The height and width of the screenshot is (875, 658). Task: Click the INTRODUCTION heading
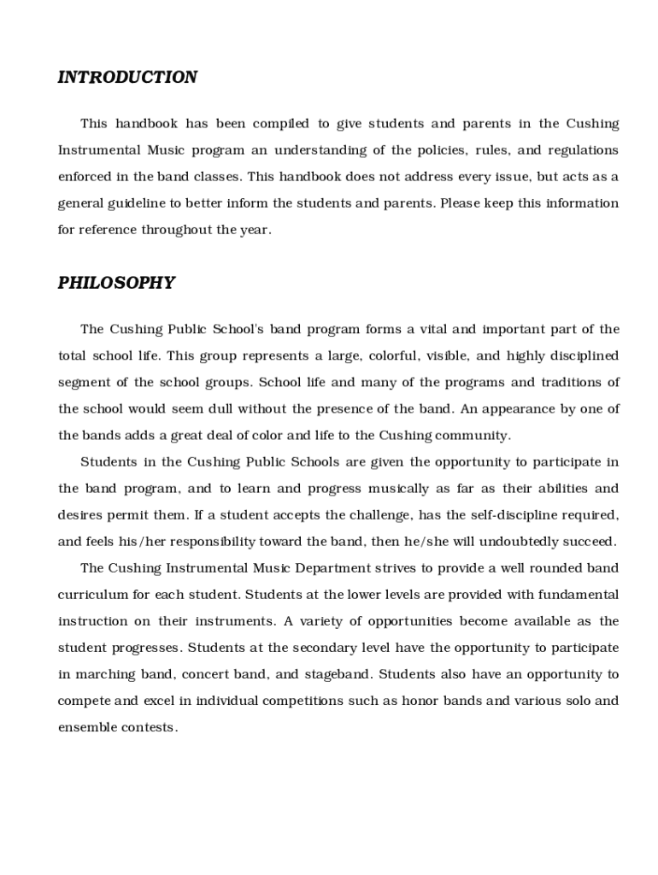(x=127, y=78)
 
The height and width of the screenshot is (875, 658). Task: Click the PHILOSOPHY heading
(x=116, y=283)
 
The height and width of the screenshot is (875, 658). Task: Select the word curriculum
(x=92, y=595)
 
